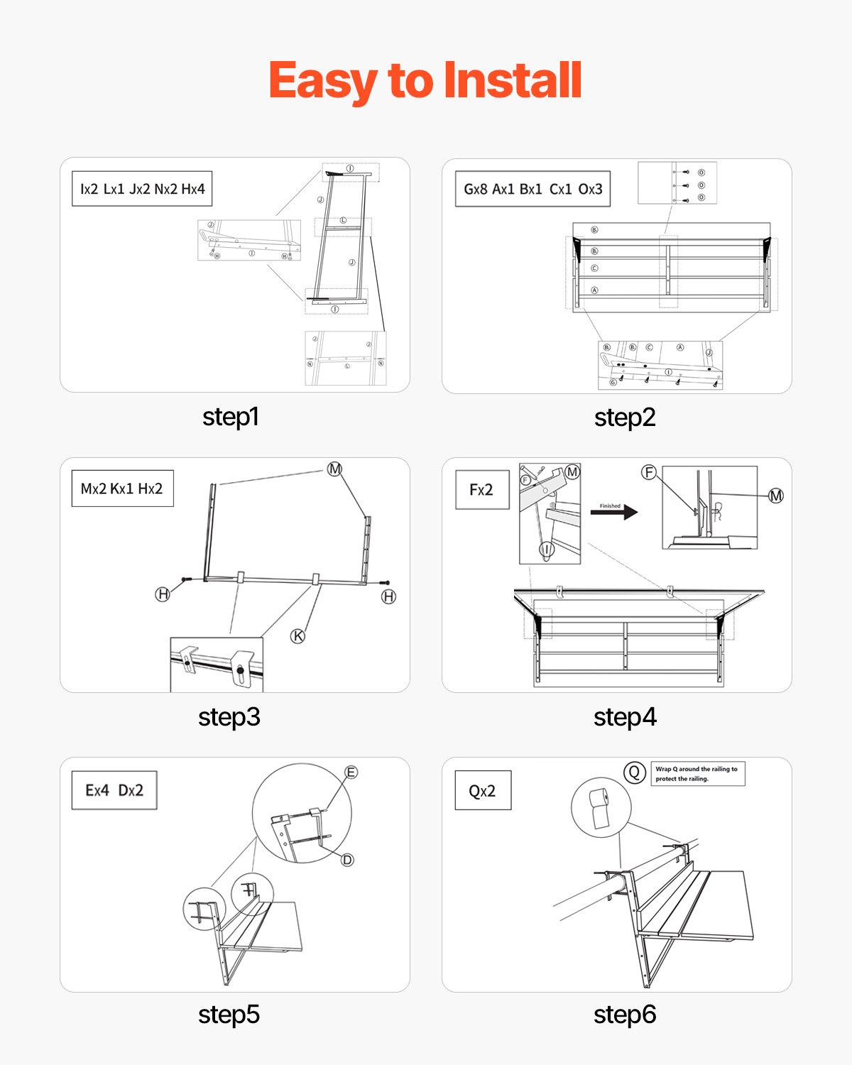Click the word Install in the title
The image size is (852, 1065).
pyautogui.click(x=512, y=80)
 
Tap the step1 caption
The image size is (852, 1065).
pyautogui.click(x=230, y=417)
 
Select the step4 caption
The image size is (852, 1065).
pyautogui.click(x=625, y=717)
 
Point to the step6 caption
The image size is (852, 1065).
pyautogui.click(x=625, y=1015)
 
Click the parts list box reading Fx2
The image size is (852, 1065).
pyautogui.click(x=482, y=490)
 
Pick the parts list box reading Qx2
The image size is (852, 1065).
pyautogui.click(x=483, y=791)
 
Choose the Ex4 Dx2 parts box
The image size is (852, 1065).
pyautogui.click(x=114, y=790)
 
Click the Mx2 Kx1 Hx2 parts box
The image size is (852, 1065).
pyautogui.click(x=122, y=488)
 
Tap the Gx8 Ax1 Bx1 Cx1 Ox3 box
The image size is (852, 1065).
pyautogui.click(x=532, y=189)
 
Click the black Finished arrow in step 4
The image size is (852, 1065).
pyautogui.click(x=613, y=512)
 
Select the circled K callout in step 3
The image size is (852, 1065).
pyautogui.click(x=298, y=635)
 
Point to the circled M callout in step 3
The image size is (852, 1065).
pyautogui.click(x=334, y=469)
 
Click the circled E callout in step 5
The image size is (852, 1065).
pyautogui.click(x=351, y=772)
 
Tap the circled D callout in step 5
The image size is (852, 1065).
pyautogui.click(x=347, y=860)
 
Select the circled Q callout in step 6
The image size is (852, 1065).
pyautogui.click(x=634, y=772)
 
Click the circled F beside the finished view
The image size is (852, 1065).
pyautogui.click(x=648, y=472)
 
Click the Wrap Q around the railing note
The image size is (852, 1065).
pyautogui.click(x=698, y=774)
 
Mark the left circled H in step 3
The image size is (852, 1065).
pyautogui.click(x=163, y=594)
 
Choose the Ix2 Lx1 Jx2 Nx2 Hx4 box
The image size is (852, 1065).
pyautogui.click(x=142, y=189)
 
